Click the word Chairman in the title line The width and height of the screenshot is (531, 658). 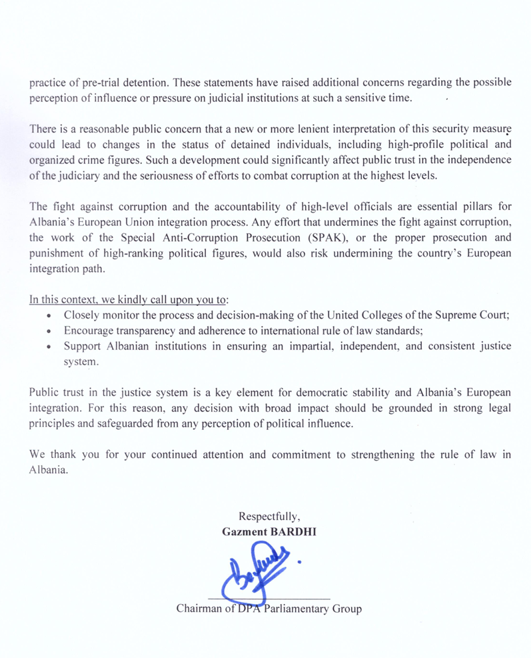pos(201,609)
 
